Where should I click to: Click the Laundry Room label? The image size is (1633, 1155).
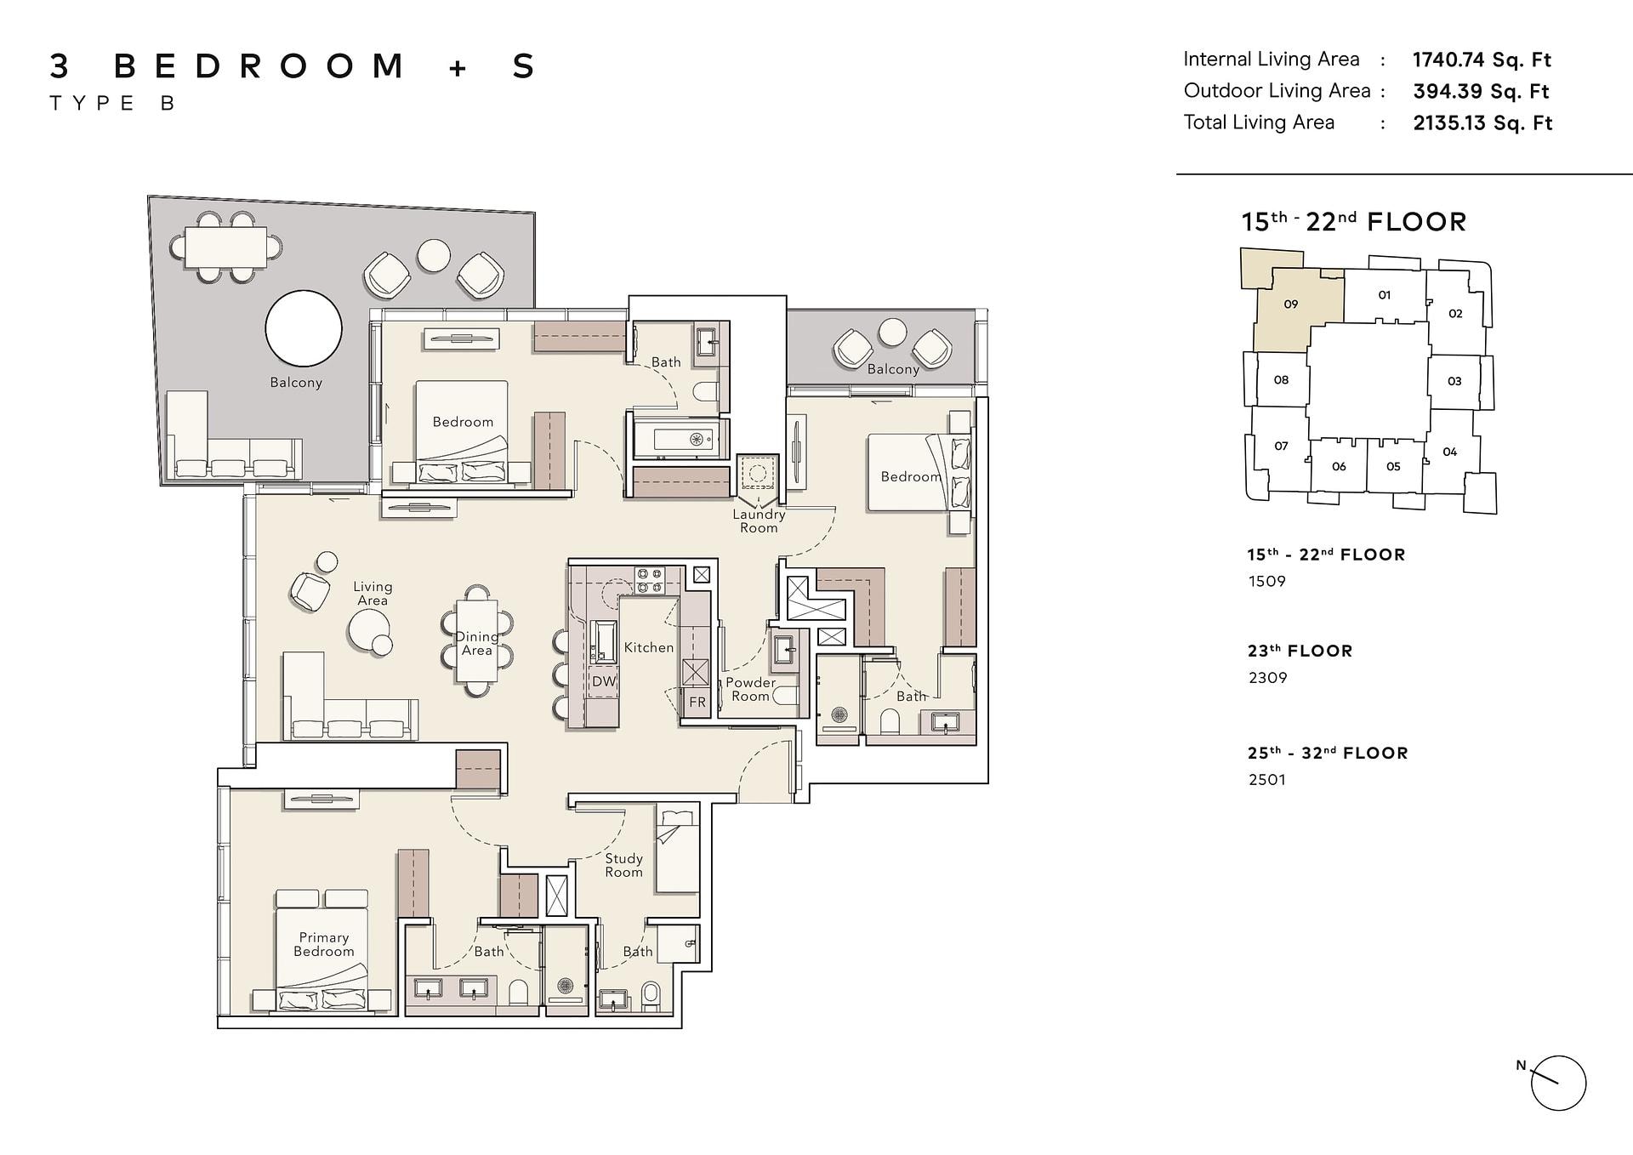[759, 521]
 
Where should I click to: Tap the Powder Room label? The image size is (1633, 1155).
[750, 689]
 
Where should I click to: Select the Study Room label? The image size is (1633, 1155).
[623, 865]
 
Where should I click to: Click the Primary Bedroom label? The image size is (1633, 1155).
[323, 944]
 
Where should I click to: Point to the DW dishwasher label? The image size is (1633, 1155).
[604, 681]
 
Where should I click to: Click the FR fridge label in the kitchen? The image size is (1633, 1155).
[697, 703]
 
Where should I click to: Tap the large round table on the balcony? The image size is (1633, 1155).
[304, 328]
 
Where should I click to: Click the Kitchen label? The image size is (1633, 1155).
[649, 647]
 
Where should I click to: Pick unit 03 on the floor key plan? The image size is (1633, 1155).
[1454, 381]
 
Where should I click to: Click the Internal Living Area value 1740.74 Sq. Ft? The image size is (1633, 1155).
[1482, 60]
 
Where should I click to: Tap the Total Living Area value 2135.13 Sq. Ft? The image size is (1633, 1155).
[1482, 122]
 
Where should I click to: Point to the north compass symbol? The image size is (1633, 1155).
[1557, 1084]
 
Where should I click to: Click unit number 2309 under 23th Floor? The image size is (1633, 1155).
[1267, 678]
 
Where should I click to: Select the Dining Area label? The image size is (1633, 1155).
[477, 643]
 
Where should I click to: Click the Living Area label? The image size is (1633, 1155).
[373, 593]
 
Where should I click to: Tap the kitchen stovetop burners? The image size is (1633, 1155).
[649, 580]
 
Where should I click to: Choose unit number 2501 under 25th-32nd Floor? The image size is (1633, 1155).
[1266, 779]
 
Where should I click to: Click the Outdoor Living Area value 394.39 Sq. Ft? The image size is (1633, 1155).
[1481, 91]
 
